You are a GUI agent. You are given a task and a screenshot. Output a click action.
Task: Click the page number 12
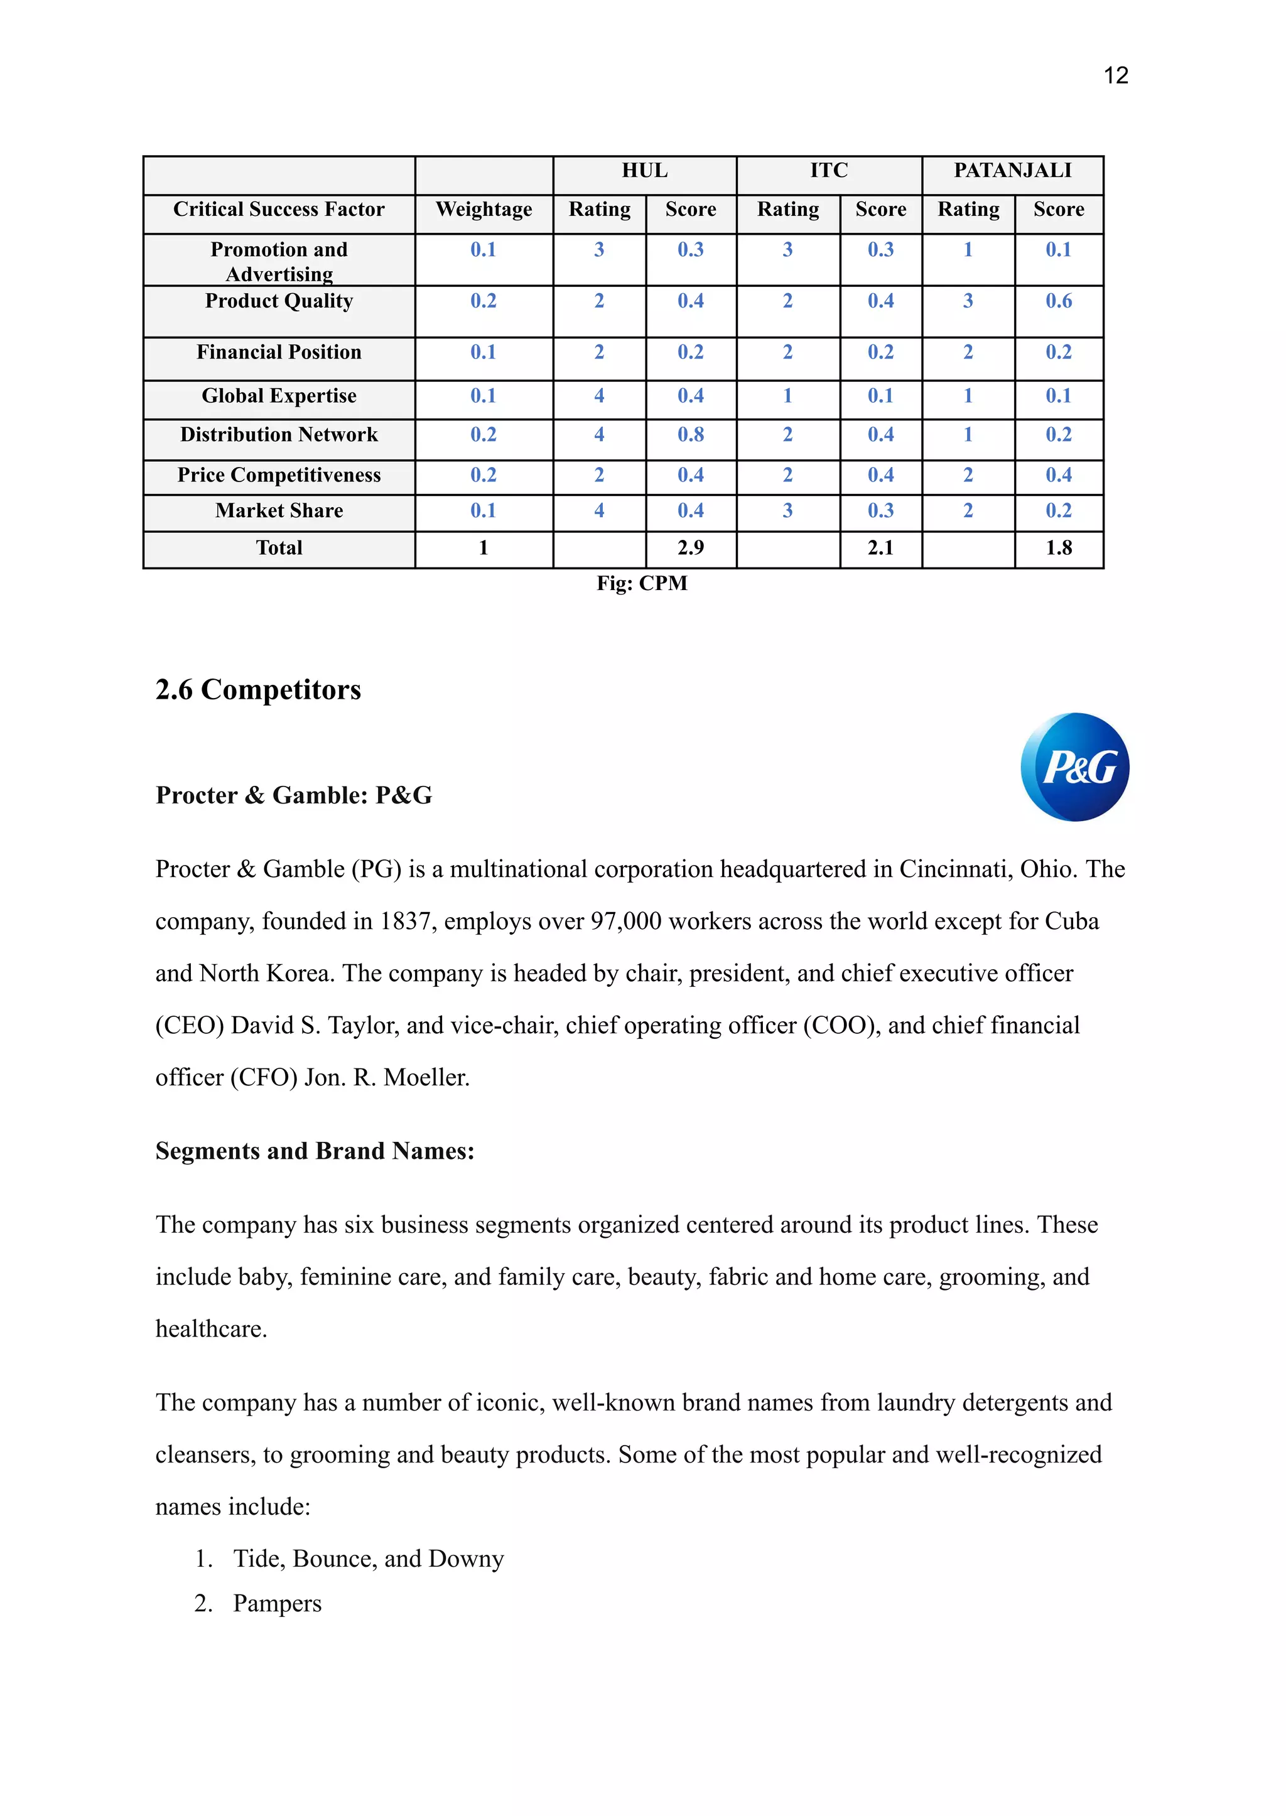(1115, 76)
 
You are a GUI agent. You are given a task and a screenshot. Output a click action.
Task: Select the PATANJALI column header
(1012, 171)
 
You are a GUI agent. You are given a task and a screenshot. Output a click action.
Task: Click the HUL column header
(645, 171)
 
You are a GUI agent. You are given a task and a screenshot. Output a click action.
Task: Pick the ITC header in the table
(828, 171)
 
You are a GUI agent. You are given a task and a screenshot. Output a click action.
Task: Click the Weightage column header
(484, 210)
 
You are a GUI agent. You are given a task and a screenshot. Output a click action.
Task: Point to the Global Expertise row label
(279, 396)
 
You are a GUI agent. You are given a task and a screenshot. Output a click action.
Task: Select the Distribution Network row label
(279, 434)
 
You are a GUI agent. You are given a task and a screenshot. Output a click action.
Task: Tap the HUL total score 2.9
(691, 548)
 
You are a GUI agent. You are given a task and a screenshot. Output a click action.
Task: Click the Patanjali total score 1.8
(1059, 548)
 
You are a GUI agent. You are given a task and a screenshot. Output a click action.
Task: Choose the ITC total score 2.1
(880, 548)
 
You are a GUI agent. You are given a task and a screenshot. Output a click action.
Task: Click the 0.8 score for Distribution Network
(691, 434)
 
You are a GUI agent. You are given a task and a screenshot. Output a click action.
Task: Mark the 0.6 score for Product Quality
(1059, 301)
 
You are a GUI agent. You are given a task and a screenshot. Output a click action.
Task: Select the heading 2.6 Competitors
(258, 689)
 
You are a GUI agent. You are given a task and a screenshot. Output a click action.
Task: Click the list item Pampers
(277, 1603)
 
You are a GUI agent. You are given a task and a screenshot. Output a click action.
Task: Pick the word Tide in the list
(259, 1558)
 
